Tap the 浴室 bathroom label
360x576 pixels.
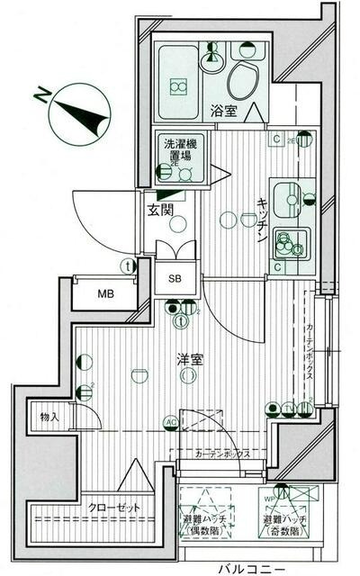[223, 112]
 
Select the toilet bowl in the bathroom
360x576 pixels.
[244, 85]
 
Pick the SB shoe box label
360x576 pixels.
[174, 278]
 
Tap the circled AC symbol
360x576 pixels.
[171, 422]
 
